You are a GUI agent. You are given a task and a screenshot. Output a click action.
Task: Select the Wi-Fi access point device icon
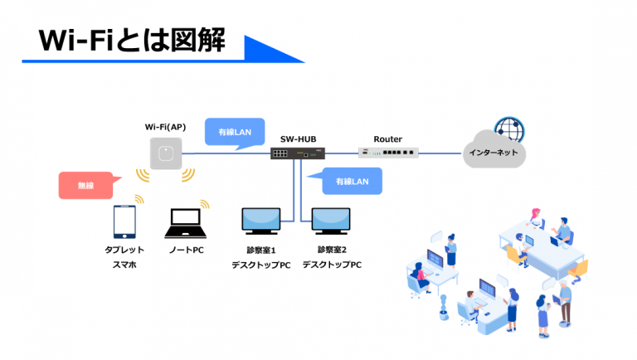166,153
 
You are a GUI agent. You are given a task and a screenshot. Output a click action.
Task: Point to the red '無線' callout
85,186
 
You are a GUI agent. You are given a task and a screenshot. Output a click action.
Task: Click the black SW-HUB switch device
297,153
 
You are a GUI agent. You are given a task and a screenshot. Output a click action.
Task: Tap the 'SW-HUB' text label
296,139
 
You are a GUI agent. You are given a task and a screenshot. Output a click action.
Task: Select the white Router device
388,153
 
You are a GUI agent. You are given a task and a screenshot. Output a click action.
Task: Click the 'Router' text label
387,139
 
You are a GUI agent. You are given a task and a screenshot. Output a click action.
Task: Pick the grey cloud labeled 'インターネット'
495,151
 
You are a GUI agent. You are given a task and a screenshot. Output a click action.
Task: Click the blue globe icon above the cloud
509,129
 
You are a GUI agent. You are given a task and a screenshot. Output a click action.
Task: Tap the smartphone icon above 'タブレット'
124,221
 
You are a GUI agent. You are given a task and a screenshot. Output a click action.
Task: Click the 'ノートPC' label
187,250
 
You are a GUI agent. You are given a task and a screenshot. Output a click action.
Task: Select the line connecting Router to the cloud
441,153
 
